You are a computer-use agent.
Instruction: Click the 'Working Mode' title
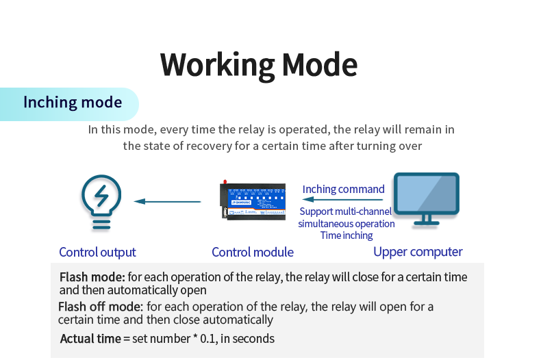pyautogui.click(x=259, y=64)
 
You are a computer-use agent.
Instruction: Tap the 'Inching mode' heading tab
pyautogui.click(x=73, y=103)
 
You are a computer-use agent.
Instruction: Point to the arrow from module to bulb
pyautogui.click(x=168, y=201)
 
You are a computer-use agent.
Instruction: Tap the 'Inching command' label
pyautogui.click(x=344, y=189)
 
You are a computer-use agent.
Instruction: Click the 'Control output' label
pyautogui.click(x=97, y=252)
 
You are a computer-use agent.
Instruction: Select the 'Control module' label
pyautogui.click(x=253, y=252)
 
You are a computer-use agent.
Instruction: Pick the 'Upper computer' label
pyautogui.click(x=418, y=252)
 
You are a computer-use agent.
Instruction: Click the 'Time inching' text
pyautogui.click(x=347, y=235)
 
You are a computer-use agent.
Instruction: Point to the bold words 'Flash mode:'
pyautogui.click(x=92, y=277)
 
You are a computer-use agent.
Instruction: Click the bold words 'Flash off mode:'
pyautogui.click(x=101, y=307)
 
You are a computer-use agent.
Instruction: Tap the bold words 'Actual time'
pyautogui.click(x=90, y=338)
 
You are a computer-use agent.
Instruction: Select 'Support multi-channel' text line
pyautogui.click(x=346, y=212)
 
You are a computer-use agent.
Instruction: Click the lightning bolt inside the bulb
pyautogui.click(x=101, y=196)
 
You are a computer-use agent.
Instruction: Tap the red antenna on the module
pyautogui.click(x=224, y=183)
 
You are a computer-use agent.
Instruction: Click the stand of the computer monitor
pyautogui.click(x=425, y=220)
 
